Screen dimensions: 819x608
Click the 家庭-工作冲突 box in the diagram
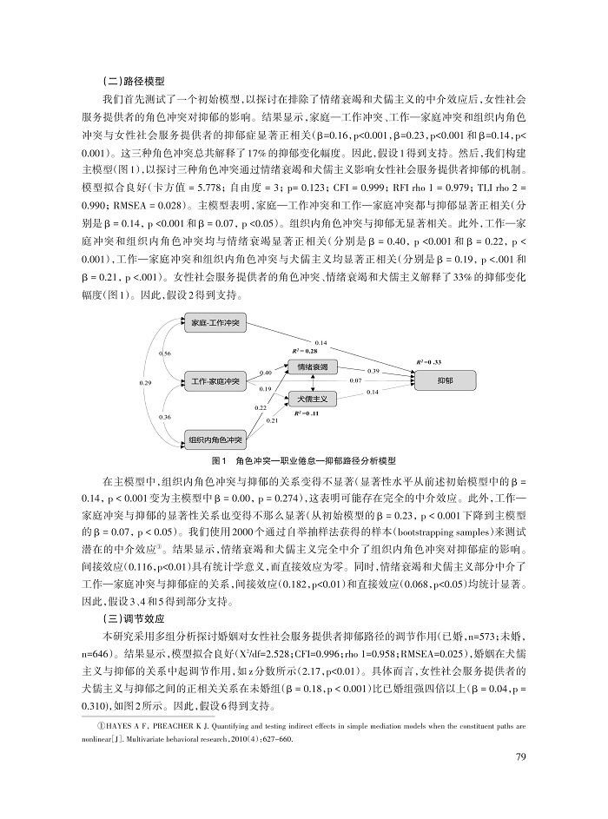coord(216,324)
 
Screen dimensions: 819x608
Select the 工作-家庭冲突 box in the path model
coord(216,381)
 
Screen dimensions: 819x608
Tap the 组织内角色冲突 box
coord(216,440)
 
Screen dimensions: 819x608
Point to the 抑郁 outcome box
coord(444,380)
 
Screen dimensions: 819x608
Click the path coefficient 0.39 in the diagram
coord(373,371)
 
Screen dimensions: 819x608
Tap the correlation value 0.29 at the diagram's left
coord(145,382)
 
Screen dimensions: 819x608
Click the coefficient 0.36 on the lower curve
coord(165,418)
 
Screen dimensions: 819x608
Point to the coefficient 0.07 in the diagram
coord(355,380)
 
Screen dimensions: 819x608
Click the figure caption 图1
coord(218,459)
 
